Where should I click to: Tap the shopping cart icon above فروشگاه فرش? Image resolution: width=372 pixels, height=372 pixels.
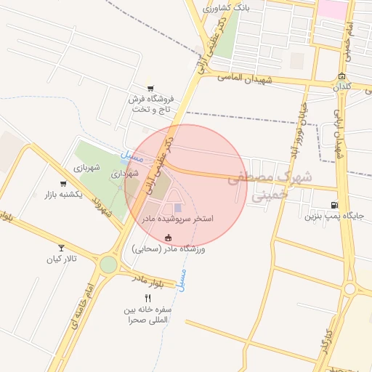tap(150, 88)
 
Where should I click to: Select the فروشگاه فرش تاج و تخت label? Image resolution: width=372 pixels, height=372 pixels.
tap(150, 103)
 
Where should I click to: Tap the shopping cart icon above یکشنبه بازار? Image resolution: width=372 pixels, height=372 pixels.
tap(61, 185)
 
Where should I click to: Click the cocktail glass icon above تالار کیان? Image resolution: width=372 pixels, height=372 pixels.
tap(61, 248)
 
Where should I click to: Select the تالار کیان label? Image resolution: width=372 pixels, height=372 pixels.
tap(61, 259)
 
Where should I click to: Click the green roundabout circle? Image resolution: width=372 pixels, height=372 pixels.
tap(108, 264)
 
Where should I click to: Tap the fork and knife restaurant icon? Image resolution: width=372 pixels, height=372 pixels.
tap(147, 298)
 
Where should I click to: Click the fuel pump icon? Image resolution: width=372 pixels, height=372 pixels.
tap(333, 205)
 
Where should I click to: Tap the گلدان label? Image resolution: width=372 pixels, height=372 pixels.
tap(342, 87)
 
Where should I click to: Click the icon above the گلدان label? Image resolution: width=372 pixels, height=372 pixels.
tap(342, 77)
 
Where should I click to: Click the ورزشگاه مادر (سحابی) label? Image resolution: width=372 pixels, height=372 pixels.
tap(169, 248)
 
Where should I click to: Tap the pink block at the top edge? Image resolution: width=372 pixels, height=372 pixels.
tap(333, 9)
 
